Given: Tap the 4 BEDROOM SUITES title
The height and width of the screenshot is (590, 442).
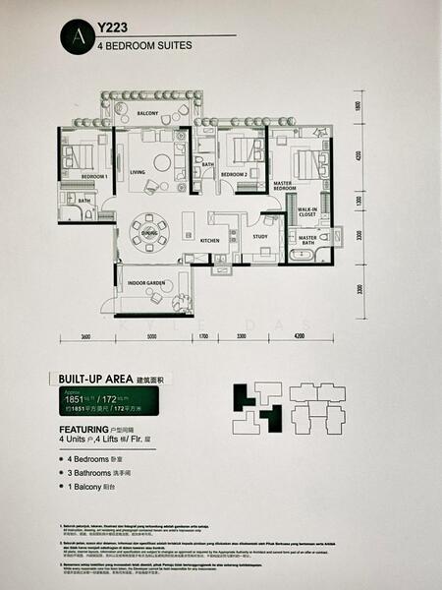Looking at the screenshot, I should [x=136, y=45].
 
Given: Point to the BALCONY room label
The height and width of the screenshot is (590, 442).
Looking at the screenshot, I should [x=148, y=114].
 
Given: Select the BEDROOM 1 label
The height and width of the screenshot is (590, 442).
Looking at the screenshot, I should [x=94, y=175].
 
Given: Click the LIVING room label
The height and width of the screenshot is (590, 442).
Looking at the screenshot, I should [x=137, y=172].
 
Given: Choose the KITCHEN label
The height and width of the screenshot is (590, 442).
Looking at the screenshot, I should [x=210, y=240].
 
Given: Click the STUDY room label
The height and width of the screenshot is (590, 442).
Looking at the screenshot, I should [x=260, y=236].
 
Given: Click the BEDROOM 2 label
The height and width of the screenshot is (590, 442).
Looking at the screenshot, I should [x=233, y=174].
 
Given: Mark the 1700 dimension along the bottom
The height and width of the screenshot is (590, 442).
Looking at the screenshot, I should [x=203, y=337].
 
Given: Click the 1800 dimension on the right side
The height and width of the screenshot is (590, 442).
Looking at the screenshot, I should [x=359, y=107].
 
